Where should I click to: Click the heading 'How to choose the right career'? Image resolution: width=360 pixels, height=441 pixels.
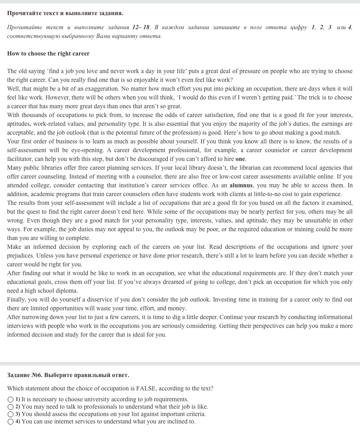(x=48, y=54)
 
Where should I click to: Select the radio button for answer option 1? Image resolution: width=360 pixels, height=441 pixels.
(x=11, y=400)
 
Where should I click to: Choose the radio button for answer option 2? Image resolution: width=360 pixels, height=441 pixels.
(x=11, y=407)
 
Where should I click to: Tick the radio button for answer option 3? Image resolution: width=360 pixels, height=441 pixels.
(x=11, y=414)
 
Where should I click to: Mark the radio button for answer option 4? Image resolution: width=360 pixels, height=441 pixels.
(x=11, y=422)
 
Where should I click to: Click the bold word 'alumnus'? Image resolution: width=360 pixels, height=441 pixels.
(x=241, y=186)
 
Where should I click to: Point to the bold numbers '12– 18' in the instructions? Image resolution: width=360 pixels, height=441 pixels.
(x=141, y=27)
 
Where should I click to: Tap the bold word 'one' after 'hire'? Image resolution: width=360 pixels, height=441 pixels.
(x=240, y=159)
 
